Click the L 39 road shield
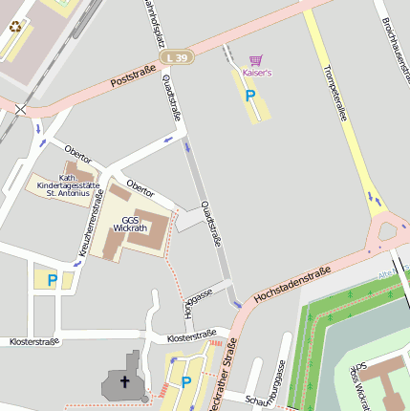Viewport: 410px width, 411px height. pyautogui.click(x=177, y=58)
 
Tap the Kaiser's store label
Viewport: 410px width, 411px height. pyautogui.click(x=257, y=73)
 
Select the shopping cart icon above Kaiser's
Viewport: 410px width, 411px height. pyautogui.click(x=255, y=60)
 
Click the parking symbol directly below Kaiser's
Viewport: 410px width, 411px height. pyautogui.click(x=250, y=96)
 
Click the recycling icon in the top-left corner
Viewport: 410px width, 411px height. pyautogui.click(x=15, y=26)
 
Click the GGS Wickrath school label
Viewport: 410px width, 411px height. pyautogui.click(x=130, y=224)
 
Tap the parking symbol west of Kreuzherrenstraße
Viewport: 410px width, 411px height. pyautogui.click(x=53, y=280)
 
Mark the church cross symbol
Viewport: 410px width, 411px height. pyautogui.click(x=123, y=381)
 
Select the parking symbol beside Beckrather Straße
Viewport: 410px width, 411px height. pyautogui.click(x=186, y=381)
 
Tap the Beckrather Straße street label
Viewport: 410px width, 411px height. pyautogui.click(x=221, y=378)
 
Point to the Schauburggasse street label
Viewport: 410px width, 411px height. pyautogui.click(x=271, y=387)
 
